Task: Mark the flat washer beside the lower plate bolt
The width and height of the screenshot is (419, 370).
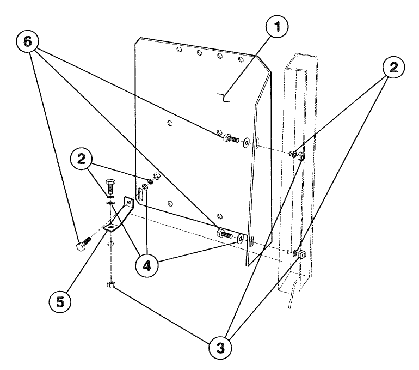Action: pos(241,238)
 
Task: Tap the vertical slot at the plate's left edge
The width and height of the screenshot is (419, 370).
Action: pos(140,194)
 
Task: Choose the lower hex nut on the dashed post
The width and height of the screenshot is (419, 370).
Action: pos(303,254)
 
